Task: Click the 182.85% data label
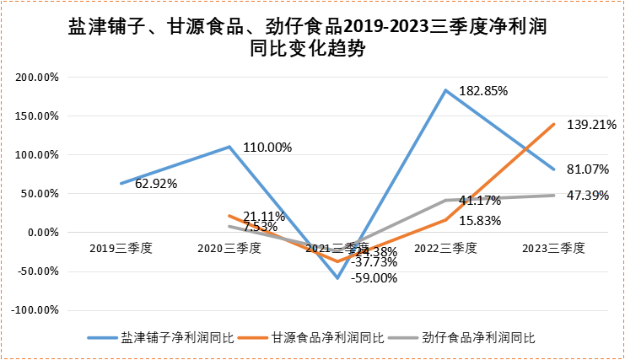pos(483,89)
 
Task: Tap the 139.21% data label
pos(593,124)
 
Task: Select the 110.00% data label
pos(267,147)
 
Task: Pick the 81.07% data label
pos(588,169)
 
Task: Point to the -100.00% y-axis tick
pos(35,310)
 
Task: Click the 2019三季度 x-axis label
pos(121,249)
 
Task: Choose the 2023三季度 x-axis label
pos(554,249)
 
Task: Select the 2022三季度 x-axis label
pos(446,249)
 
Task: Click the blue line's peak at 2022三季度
pos(445,90)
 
